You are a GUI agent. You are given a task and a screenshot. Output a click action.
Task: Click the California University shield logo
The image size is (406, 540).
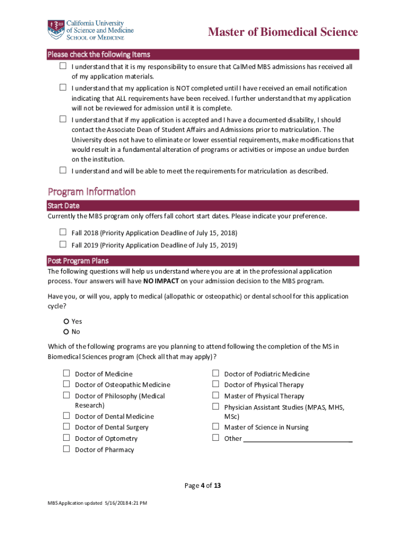[55, 29]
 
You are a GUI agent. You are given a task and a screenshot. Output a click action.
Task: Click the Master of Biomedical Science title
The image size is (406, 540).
[283, 32]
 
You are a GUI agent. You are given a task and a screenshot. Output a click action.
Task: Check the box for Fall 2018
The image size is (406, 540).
[63, 232]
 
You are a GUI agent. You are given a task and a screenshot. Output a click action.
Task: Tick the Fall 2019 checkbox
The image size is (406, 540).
[63, 244]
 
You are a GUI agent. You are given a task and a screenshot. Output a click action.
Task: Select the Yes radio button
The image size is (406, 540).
[66, 321]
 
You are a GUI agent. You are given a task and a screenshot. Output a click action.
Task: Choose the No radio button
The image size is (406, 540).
[66, 332]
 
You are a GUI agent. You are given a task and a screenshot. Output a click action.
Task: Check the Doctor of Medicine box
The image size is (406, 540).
[66, 373]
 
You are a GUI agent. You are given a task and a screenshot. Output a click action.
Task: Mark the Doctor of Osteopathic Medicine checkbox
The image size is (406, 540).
[66, 384]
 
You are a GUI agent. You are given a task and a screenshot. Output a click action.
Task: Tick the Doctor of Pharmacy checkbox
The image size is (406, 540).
[66, 449]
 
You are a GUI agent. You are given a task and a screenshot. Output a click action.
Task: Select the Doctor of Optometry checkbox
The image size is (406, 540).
[66, 438]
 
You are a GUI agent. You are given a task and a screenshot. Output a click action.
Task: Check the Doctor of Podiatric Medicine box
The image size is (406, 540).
[216, 373]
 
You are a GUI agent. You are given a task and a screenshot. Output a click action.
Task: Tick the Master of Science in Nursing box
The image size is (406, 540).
[216, 427]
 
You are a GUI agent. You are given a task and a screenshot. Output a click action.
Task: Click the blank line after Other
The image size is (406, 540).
[297, 439]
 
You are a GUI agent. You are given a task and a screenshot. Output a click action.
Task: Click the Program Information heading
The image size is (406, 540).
[92, 191]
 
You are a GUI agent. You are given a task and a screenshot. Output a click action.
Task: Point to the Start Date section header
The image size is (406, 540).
[64, 206]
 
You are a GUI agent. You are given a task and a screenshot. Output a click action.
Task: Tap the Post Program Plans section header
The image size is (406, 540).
[78, 261]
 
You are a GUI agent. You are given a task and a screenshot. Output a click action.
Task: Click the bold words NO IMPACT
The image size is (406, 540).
[161, 281]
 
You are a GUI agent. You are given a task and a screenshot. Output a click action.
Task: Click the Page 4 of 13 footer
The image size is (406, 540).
[202, 486]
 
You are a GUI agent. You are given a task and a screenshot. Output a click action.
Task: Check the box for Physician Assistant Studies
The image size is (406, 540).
[216, 407]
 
